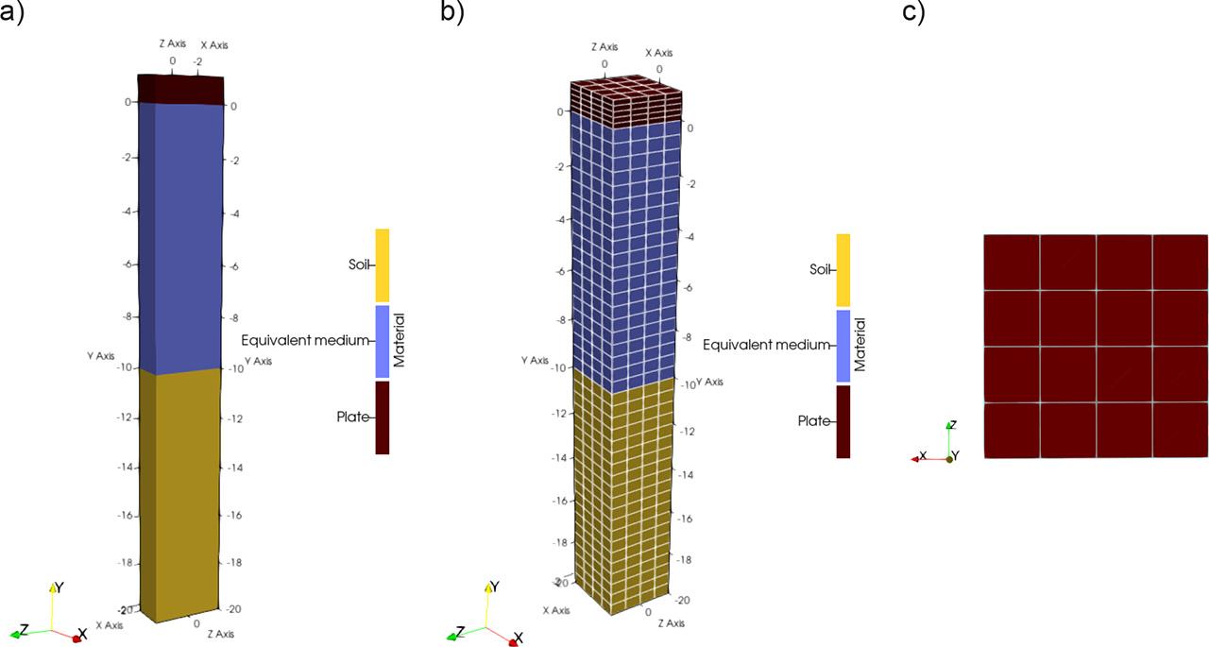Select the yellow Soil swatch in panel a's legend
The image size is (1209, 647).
click(383, 264)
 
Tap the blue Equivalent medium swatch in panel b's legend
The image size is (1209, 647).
click(843, 346)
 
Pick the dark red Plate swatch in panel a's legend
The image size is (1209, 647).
click(383, 417)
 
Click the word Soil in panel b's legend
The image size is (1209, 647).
click(820, 270)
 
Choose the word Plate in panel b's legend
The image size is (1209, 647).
click(813, 421)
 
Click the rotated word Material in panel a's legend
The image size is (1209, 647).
click(400, 341)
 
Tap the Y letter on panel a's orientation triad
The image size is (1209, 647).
click(60, 587)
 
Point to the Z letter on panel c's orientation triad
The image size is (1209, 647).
click(954, 425)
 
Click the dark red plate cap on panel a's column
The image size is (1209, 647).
click(180, 88)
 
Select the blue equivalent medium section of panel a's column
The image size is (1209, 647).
click(179, 236)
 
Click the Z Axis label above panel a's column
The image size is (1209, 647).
click(172, 43)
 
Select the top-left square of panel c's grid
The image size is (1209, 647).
click(1012, 262)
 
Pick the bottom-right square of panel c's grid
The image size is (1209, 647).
click(1180, 431)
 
